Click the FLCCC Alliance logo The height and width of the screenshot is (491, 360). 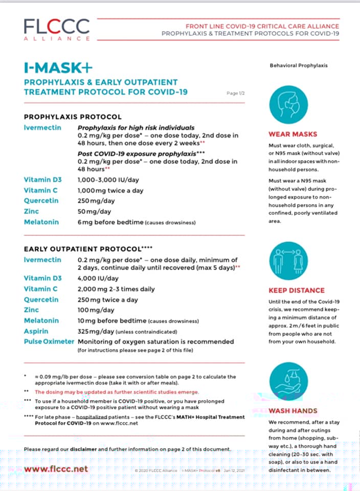pos(56,29)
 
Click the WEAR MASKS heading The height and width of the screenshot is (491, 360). pos(293,135)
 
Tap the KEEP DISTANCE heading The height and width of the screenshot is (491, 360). pos(297,291)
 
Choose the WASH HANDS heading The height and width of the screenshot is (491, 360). pos(293,411)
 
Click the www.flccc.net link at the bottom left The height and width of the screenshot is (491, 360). pos(56,468)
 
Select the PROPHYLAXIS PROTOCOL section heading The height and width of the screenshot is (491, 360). pos(73,117)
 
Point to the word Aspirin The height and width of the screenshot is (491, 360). pos(37,331)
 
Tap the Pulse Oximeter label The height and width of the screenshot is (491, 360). pos(49,341)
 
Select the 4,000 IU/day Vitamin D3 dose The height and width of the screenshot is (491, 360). pos(98,278)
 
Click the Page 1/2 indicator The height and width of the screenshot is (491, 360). pos(236,93)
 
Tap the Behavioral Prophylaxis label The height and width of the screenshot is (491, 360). pos(299,65)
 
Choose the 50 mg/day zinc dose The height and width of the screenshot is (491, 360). pos(96,212)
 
